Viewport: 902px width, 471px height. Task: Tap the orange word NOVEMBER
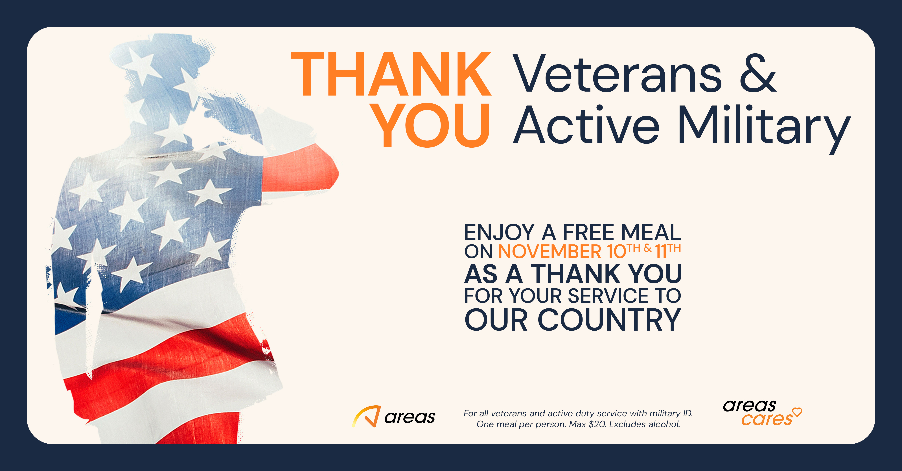pos(550,251)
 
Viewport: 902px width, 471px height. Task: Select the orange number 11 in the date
pos(660,251)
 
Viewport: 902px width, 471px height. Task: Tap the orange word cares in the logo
pos(767,419)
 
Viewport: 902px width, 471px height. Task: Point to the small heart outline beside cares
pos(797,412)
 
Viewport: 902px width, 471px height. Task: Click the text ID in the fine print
pos(688,413)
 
